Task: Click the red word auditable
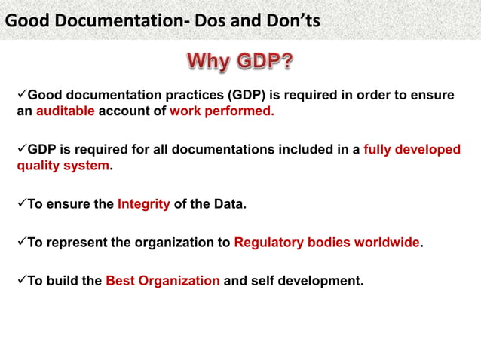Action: pos(66,111)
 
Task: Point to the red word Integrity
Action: pos(143,204)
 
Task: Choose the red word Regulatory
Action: pos(269,243)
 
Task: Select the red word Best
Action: pos(121,282)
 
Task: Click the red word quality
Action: pos(37,166)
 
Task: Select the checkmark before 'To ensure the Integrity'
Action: pos(21,203)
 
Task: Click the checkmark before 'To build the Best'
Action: pos(21,281)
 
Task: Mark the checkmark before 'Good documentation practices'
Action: pos(21,94)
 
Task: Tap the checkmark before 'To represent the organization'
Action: pos(21,242)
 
